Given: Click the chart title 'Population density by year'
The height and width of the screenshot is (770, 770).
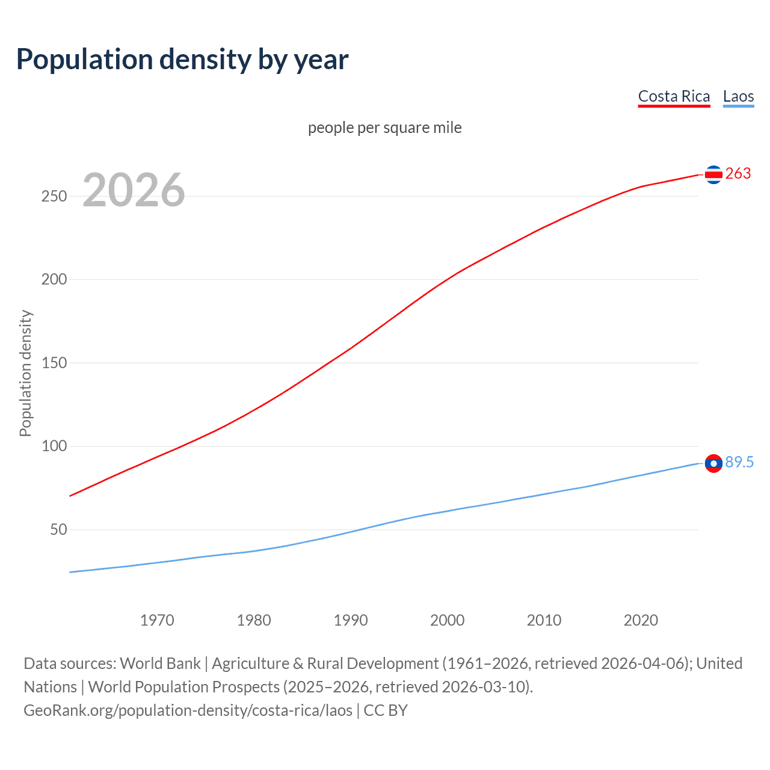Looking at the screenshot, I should [182, 60].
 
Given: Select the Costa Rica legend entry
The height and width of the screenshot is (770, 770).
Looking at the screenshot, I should [674, 96].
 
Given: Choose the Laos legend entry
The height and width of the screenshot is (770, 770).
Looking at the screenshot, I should [738, 96].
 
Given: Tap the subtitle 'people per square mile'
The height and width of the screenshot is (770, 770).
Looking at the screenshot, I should [384, 128].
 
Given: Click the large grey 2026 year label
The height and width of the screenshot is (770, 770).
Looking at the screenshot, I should [134, 190].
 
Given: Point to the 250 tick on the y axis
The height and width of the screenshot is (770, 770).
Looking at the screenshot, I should [54, 197].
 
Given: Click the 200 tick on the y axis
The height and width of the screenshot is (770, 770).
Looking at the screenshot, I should [54, 280].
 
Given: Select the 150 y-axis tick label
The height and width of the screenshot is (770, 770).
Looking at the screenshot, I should [54, 363].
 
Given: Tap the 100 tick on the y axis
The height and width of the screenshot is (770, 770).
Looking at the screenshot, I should [54, 446].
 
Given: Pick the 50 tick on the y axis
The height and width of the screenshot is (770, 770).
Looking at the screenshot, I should [58, 530].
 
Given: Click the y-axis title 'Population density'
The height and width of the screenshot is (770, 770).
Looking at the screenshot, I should [25, 373].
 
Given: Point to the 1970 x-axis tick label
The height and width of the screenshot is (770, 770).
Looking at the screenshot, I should [157, 620].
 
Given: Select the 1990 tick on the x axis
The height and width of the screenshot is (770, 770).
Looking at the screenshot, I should [351, 620].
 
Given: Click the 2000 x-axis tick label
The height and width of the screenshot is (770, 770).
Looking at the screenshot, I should [447, 620].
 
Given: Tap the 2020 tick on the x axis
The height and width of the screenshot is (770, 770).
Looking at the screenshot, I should [641, 620].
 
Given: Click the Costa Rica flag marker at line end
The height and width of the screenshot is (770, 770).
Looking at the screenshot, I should [713, 174].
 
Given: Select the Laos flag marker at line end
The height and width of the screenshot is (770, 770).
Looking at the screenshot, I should [713, 463].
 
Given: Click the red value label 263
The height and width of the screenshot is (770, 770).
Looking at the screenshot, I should [738, 174].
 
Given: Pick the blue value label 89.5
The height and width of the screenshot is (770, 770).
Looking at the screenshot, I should [739, 462].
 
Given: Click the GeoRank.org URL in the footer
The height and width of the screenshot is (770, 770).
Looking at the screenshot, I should [188, 710].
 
